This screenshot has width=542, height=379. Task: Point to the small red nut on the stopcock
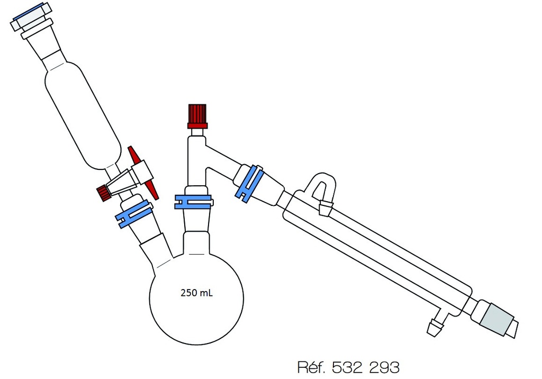[x=103, y=193]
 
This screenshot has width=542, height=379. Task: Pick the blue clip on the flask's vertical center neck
[x=193, y=201]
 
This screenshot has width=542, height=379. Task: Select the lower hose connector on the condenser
[x=436, y=326]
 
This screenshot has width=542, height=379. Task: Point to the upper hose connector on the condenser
[x=325, y=207]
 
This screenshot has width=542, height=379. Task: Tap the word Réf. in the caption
[x=312, y=367]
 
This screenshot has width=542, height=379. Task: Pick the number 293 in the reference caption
[x=383, y=367]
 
